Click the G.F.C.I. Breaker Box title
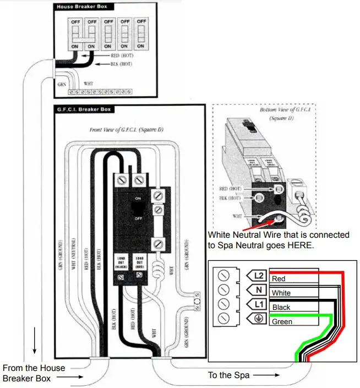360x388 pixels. pos(83,109)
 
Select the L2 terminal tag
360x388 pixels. pos(257,275)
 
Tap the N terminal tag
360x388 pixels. pos(257,289)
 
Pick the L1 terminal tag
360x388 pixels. pos(257,304)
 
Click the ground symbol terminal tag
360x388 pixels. pos(257,318)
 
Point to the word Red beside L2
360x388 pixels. pos(279,279)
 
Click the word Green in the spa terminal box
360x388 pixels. pos(282,322)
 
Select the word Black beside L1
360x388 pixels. pos(281,308)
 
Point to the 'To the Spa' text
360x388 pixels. pos(228,375)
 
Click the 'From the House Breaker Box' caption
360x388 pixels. pos(34,373)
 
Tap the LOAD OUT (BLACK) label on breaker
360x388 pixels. pos(121,262)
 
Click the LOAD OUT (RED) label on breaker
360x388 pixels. pos(139,262)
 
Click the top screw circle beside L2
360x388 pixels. pos(223,275)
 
